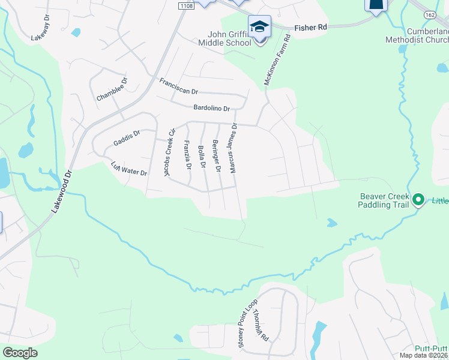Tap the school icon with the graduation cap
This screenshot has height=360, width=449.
pos(259,27)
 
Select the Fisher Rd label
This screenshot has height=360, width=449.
pos(310,27)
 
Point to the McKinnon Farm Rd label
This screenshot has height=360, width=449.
pos(277,61)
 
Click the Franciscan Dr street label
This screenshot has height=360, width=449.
pos(178,86)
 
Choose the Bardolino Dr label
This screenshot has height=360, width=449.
pos(212,108)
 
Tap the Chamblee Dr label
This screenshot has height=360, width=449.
pos(112,89)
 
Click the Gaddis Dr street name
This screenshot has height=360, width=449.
pos(126,139)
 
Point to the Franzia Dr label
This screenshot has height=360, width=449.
pos(187,154)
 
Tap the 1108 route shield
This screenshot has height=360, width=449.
pos(185,5)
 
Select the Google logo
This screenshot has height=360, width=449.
pos(20,352)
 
